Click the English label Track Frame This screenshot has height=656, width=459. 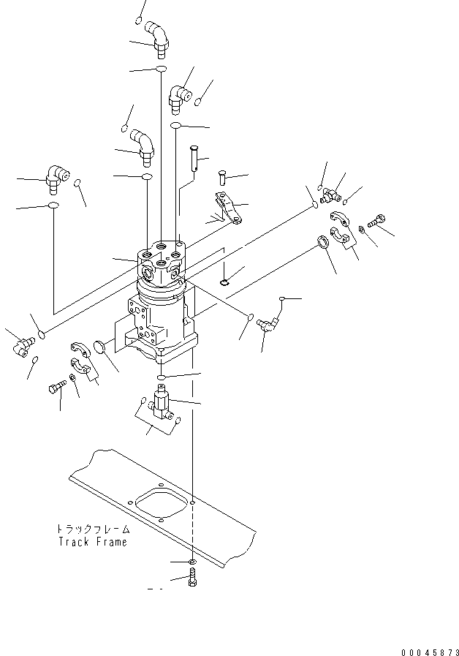pyautogui.click(x=92, y=542)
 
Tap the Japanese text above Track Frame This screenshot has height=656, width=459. pyautogui.click(x=93, y=529)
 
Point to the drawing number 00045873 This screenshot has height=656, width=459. pyautogui.click(x=430, y=652)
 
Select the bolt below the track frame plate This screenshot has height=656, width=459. pyautogui.click(x=192, y=577)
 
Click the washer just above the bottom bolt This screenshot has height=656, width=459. pyautogui.click(x=192, y=562)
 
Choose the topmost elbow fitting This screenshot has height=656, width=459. pyautogui.click(x=156, y=39)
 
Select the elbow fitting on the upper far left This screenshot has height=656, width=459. pyautogui.click(x=57, y=178)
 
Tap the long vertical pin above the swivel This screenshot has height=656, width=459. pyautogui.click(x=194, y=158)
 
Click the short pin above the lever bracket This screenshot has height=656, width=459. pyautogui.click(x=222, y=178)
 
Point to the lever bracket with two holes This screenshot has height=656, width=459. pyautogui.click(x=229, y=208)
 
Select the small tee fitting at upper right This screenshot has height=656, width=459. pyautogui.click(x=330, y=195)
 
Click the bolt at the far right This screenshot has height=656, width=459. pyautogui.click(x=376, y=220)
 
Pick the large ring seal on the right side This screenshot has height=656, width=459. pyautogui.click(x=323, y=242)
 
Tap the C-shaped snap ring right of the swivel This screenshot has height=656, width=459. pyautogui.click(x=224, y=283)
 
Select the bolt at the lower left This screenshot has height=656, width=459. pyautogui.click(x=58, y=387)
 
